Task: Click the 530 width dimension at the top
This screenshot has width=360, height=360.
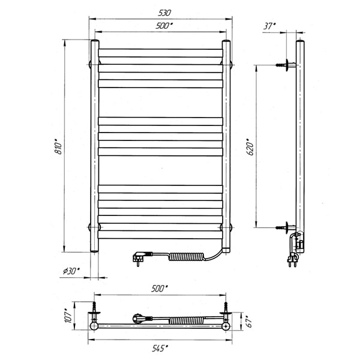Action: coord(164,13)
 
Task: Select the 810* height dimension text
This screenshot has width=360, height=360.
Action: coord(59,146)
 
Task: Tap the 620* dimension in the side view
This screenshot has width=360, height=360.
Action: coord(250,147)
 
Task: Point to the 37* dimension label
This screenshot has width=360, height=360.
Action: coord(270,26)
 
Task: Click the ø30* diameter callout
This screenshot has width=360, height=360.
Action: coord(71,271)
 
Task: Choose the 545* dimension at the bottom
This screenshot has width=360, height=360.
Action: coord(160,348)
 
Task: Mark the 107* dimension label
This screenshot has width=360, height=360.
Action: coord(68,316)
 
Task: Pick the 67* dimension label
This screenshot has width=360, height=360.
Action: coord(250,321)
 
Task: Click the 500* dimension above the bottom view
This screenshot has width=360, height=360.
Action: coord(160,289)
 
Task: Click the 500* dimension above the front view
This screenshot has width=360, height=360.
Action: coord(164,26)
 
